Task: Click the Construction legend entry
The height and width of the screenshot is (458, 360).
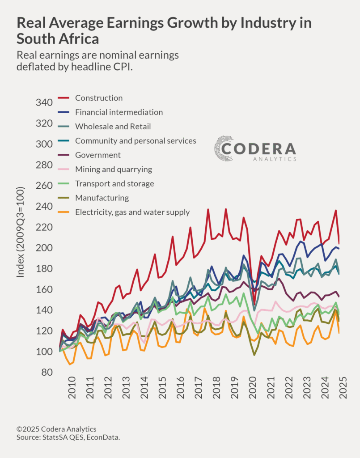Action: click(x=98, y=98)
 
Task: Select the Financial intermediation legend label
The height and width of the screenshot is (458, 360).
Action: click(x=119, y=112)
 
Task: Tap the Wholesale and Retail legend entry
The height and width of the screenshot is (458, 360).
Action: click(x=113, y=127)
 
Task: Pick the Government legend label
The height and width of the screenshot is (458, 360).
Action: click(x=97, y=155)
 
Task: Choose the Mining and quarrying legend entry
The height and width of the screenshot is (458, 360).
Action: click(x=113, y=170)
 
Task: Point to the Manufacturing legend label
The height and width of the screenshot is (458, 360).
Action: click(x=102, y=198)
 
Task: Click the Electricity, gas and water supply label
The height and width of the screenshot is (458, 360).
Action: click(x=132, y=212)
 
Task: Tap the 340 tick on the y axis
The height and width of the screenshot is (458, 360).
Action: click(x=44, y=103)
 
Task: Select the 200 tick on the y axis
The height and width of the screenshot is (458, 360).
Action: click(x=44, y=248)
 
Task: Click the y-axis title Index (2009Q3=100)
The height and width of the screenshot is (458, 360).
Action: click(x=21, y=238)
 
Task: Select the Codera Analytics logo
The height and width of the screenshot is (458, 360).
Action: click(x=255, y=149)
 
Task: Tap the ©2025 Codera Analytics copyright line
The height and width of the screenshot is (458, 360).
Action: click(x=56, y=429)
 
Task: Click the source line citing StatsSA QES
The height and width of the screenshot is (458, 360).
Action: click(x=68, y=437)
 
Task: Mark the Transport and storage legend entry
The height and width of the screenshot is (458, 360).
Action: click(x=114, y=183)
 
